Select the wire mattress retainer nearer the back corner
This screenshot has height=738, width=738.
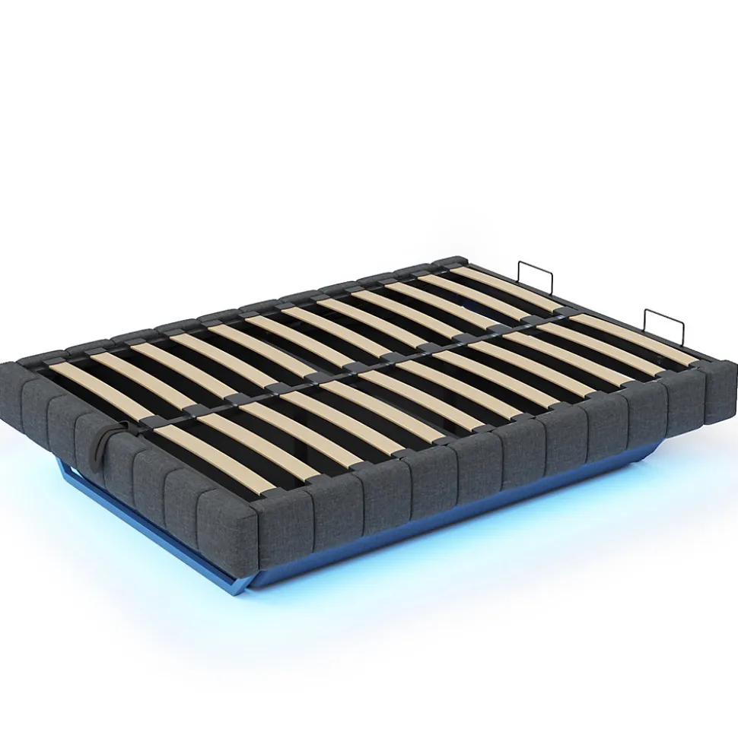(x=534, y=277)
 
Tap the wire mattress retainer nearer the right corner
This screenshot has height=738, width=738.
(x=663, y=325)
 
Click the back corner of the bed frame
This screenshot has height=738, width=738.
(x=456, y=260)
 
